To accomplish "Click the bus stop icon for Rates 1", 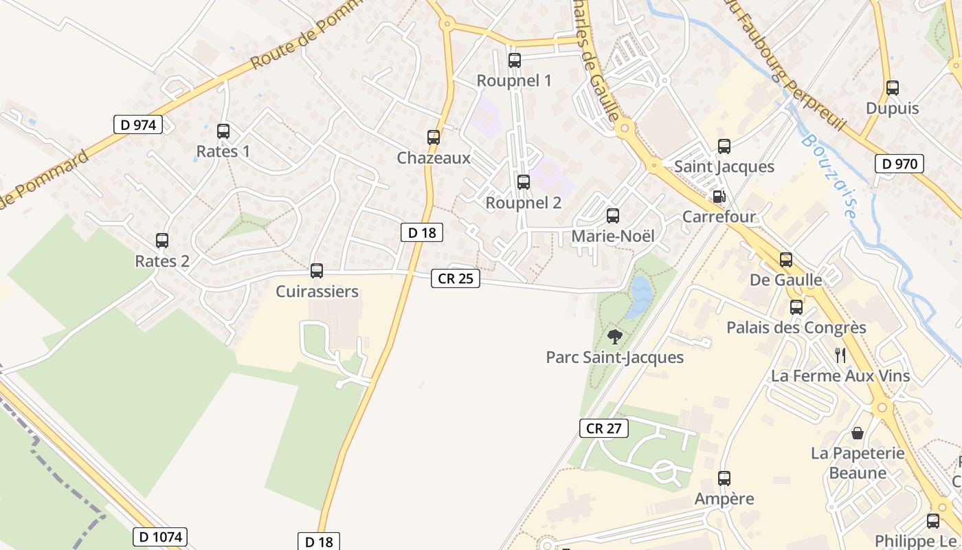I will click(x=223, y=131).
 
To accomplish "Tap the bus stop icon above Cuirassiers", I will click(x=317, y=271).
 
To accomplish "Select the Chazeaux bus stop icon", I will click(x=434, y=137).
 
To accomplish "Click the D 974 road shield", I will click(x=138, y=124).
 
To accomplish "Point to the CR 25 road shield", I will click(x=456, y=278).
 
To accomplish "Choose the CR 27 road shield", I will click(x=604, y=428).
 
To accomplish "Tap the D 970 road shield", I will click(x=899, y=164).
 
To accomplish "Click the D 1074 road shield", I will click(x=159, y=536).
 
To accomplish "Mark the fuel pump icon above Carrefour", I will click(x=719, y=197).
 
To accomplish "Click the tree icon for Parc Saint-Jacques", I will click(x=615, y=337).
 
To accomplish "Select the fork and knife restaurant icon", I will click(x=840, y=355).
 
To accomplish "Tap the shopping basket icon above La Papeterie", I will click(x=858, y=433).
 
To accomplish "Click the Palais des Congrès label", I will click(x=796, y=327).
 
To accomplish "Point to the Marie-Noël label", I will click(x=613, y=236).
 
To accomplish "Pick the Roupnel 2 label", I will click(x=524, y=203).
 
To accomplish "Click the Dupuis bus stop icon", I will click(x=893, y=88).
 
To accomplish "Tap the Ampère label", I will click(x=724, y=498).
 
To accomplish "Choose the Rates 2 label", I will click(x=162, y=261).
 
